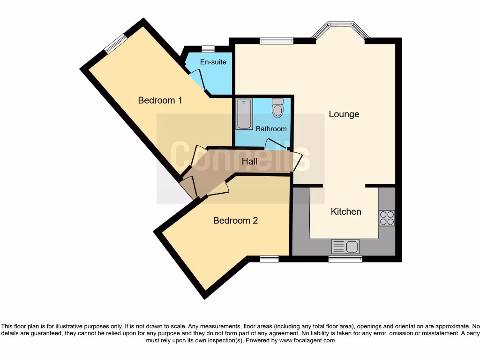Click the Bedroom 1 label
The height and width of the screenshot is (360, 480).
click(160, 100)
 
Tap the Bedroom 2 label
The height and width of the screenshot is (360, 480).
click(235, 220)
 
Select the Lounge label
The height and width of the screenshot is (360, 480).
click(344, 114)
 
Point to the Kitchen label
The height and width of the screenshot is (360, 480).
click(346, 211)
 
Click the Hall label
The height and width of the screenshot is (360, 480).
click(249, 162)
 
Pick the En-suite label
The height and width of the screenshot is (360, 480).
click(213, 62)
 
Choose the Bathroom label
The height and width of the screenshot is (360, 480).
click(271, 129)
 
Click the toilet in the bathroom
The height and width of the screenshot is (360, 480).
click(278, 109)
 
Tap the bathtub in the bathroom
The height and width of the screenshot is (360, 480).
click(244, 114)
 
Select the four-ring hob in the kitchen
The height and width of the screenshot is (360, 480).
click(387, 218)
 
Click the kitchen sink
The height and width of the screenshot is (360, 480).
click(345, 246)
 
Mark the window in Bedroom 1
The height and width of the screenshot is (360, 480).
click(116, 44)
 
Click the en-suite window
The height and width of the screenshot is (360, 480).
click(208, 48)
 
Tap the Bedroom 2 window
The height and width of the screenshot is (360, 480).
click(269, 258)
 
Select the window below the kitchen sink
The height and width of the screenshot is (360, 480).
click(345, 258)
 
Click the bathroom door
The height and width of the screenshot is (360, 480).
click(276, 144)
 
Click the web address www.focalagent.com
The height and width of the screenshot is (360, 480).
click(307, 340)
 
